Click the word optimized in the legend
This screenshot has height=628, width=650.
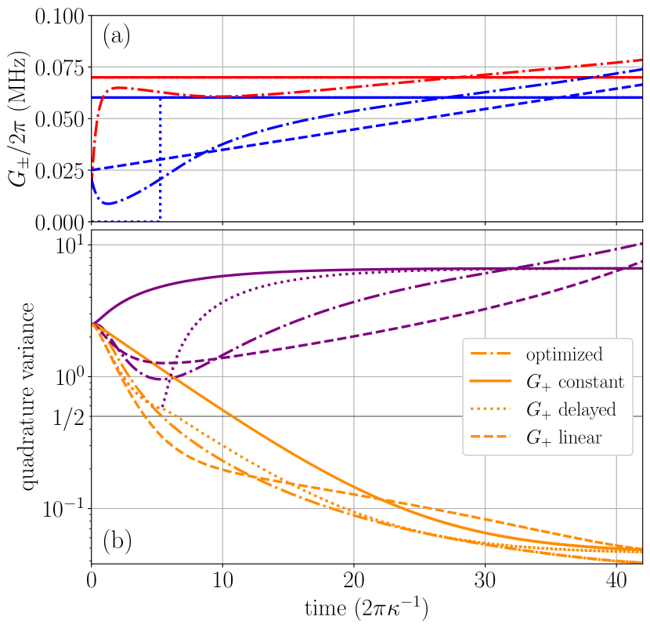[564, 355]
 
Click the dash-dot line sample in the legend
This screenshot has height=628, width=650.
[490, 355]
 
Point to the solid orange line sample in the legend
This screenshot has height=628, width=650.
[490, 383]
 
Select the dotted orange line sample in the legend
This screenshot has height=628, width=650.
[490, 410]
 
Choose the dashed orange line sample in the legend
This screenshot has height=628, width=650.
[490, 437]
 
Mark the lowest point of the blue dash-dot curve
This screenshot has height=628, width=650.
[109, 204]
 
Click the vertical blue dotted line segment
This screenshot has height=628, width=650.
[161, 157]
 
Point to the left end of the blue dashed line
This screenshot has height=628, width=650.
[93, 169]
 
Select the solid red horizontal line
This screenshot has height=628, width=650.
[313, 78]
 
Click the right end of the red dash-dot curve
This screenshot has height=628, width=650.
[641, 60]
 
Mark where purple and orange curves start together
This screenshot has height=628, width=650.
[93, 323]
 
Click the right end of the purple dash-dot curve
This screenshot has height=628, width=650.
[641, 244]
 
